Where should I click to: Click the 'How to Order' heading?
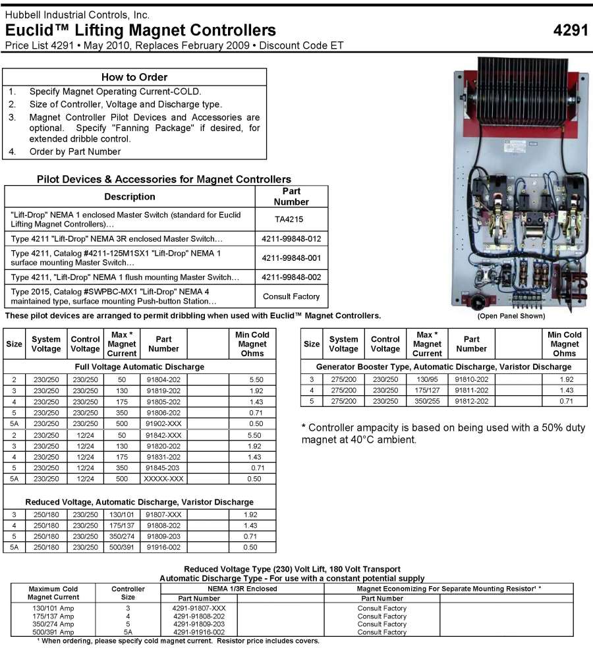[134, 77]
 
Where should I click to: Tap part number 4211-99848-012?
[291, 238]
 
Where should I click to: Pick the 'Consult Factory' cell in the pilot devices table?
[291, 296]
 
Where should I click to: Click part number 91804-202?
[163, 379]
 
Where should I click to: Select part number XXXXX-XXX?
[163, 478]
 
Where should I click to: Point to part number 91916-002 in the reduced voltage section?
[163, 547]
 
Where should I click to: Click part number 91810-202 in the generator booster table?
[471, 379]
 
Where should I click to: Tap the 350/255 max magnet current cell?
[427, 400]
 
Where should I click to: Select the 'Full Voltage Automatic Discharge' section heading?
[140, 366]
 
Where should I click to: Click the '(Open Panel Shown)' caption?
[511, 316]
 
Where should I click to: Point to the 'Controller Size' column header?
[128, 593]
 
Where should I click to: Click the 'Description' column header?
[130, 196]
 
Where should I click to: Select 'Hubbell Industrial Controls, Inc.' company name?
[77, 14]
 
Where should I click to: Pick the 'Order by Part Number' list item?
[75, 151]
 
